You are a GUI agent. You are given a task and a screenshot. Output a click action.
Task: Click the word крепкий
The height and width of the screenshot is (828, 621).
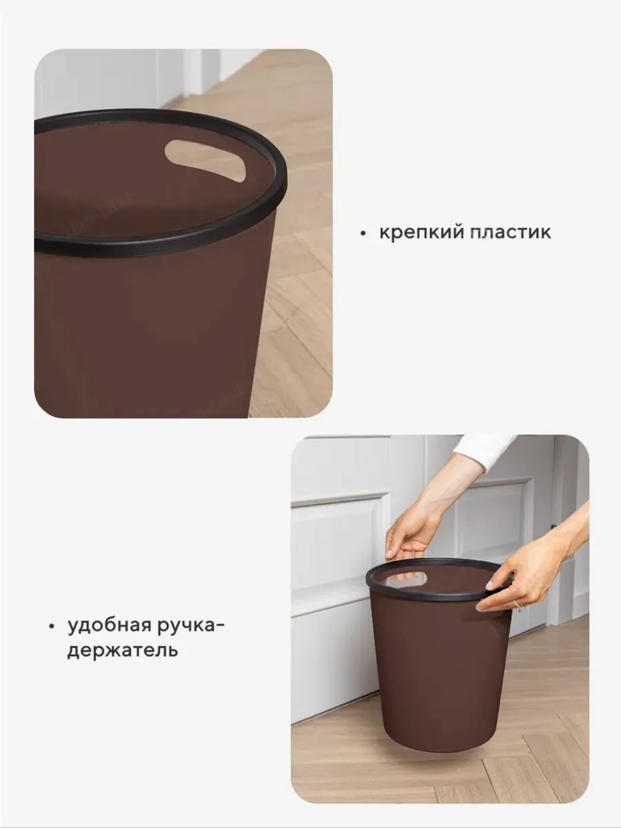point(419,232)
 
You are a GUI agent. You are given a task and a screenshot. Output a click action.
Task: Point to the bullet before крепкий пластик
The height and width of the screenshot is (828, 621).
point(362,233)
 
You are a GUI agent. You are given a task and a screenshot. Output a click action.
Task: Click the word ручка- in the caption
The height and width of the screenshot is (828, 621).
point(197,627)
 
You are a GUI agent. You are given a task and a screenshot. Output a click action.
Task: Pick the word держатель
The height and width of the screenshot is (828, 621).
point(122,650)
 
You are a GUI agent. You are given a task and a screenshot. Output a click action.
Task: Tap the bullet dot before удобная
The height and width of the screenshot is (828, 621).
point(51,627)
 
